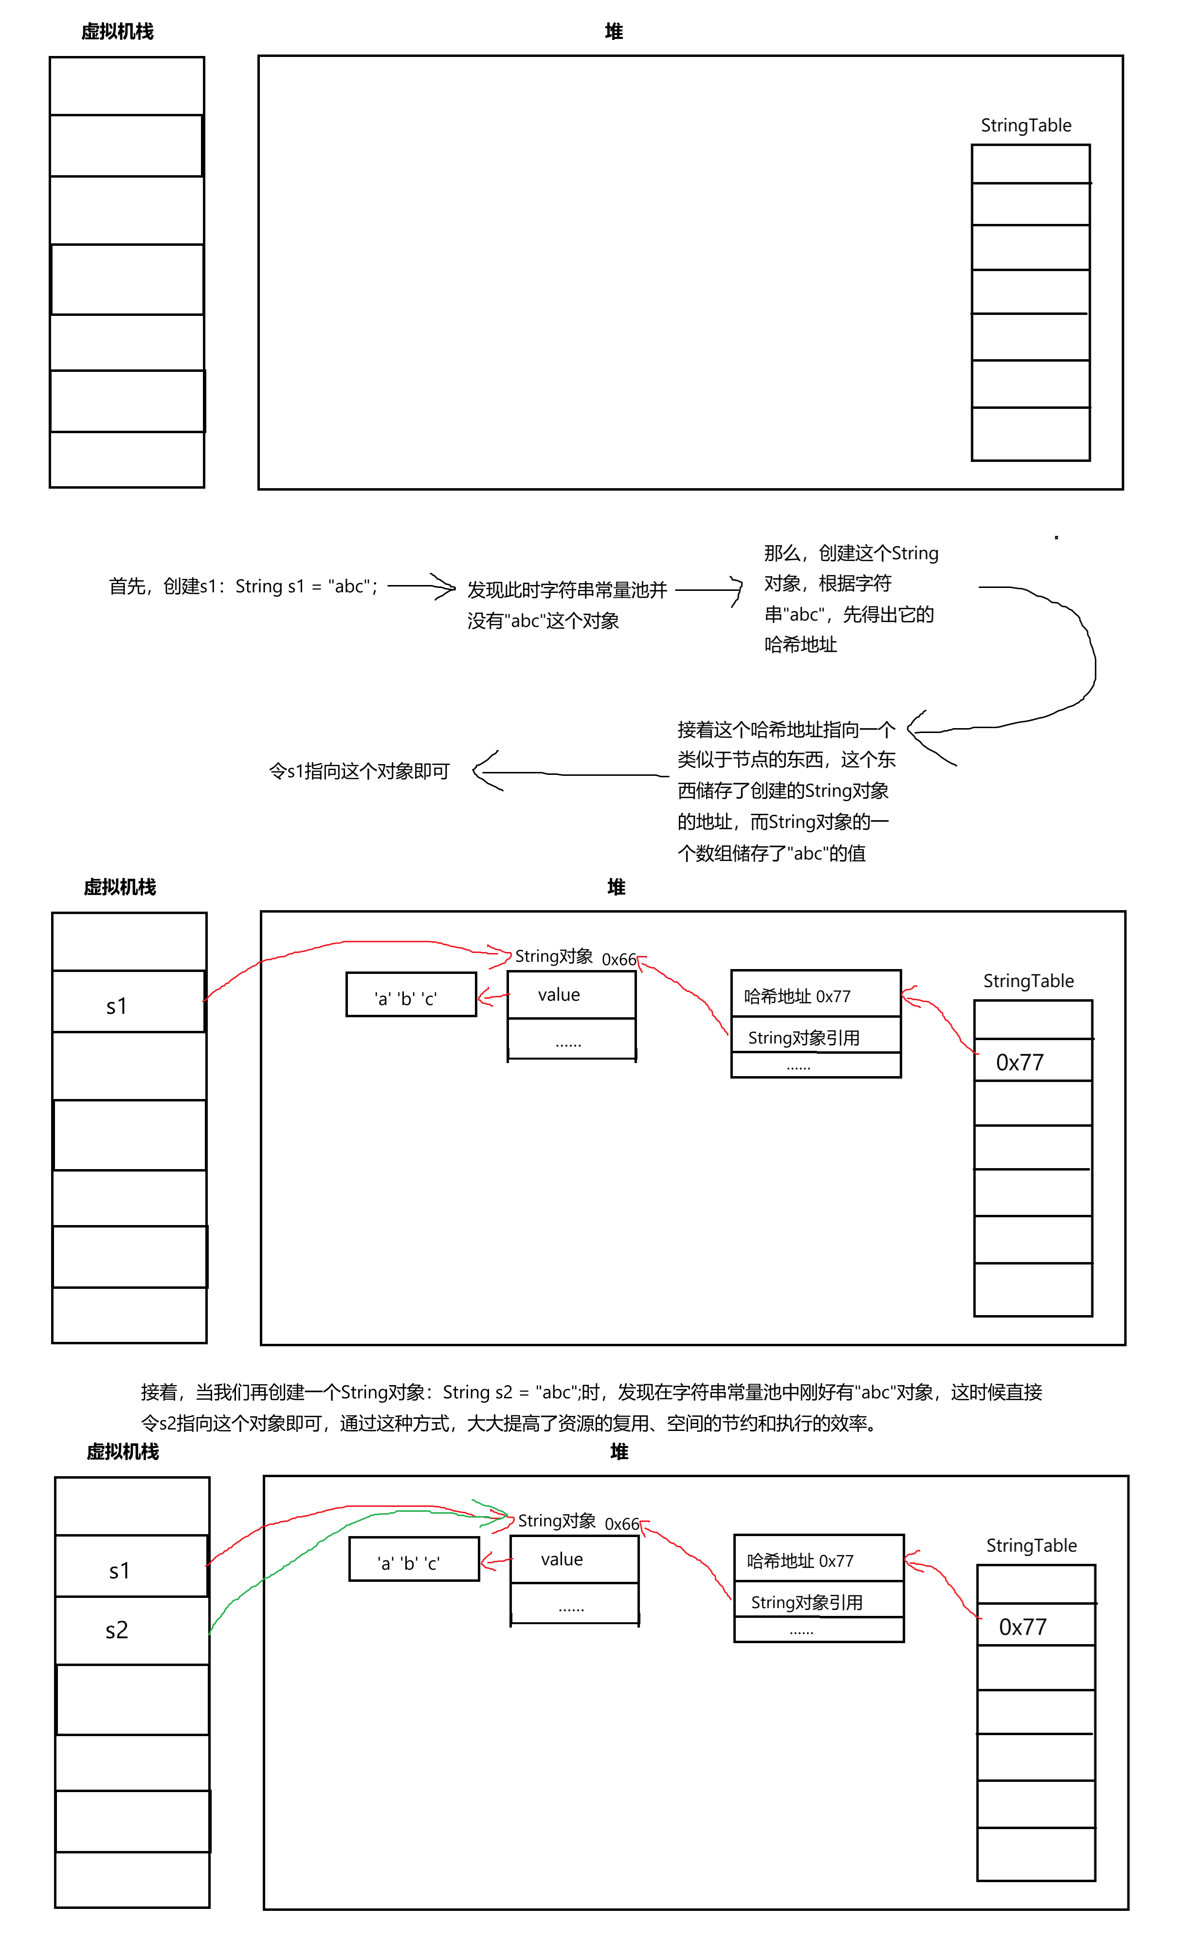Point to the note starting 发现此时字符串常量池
coord(566,605)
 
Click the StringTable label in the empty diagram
coord(1026,125)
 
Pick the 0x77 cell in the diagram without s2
coord(1020,1063)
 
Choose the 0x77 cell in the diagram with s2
coord(1023,1627)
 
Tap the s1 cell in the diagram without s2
coord(117,1006)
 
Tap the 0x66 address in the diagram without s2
coord(619,959)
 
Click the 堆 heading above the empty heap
coord(614,32)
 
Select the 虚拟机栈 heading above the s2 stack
coord(123,1451)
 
